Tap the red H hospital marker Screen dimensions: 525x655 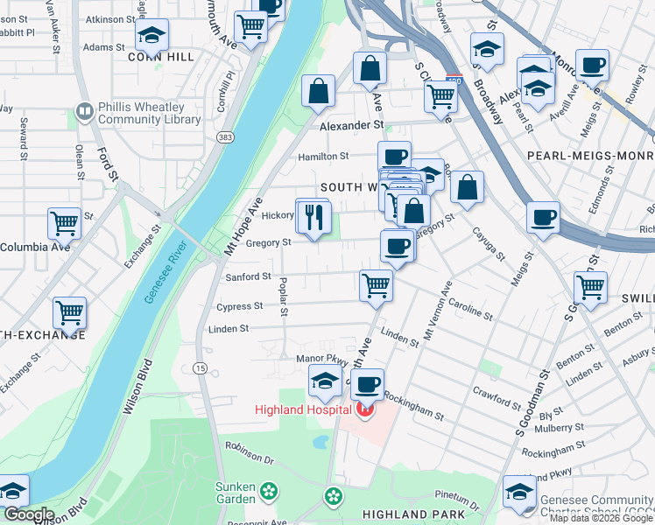[365, 409]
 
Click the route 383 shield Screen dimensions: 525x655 [225, 137]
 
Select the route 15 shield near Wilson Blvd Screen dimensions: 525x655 [201, 368]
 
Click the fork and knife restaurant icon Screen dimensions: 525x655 [314, 218]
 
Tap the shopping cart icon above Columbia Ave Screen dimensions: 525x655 [64, 223]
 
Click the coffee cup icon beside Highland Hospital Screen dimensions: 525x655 [370, 383]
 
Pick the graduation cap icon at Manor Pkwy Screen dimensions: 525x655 [325, 381]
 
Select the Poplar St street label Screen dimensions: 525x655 [283, 299]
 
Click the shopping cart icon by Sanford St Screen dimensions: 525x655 [376, 284]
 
